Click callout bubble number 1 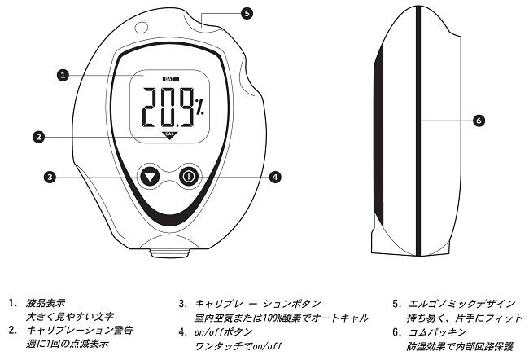62,76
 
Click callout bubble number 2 38,137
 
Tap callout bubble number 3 50,176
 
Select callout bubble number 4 276,176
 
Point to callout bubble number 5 247,13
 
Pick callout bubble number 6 479,120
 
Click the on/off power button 188,176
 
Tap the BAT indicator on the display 169,79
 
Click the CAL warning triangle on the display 169,135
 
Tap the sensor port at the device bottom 169,251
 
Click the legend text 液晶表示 46,303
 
